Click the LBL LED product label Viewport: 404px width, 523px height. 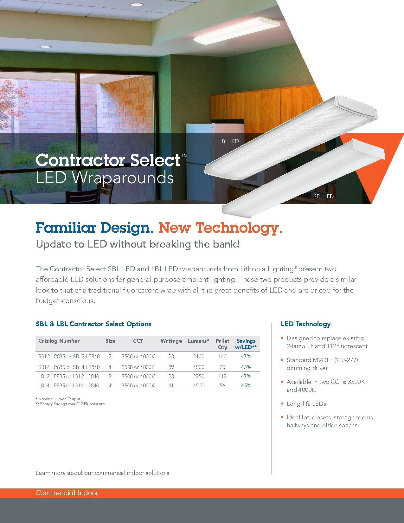(x=229, y=141)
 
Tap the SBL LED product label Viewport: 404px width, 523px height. (x=324, y=196)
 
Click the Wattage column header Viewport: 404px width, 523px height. (x=171, y=341)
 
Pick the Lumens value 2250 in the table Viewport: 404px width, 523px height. (x=199, y=376)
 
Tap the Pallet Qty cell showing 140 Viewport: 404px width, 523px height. (x=222, y=356)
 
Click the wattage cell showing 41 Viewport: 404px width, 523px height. (x=171, y=385)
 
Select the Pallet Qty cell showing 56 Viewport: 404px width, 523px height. (x=222, y=385)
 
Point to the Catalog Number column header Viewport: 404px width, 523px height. (x=59, y=341)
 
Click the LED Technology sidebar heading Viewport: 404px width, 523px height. (x=305, y=324)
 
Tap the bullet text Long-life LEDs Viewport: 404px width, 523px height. (x=306, y=404)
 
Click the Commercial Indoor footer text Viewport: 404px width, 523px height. (x=67, y=493)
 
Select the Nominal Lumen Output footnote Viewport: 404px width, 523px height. (x=59, y=399)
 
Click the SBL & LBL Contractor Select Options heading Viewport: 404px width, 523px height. (x=93, y=324)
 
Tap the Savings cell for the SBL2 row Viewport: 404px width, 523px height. (x=246, y=356)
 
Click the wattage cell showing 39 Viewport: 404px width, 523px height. (x=171, y=367)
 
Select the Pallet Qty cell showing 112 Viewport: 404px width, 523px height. (x=222, y=376)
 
